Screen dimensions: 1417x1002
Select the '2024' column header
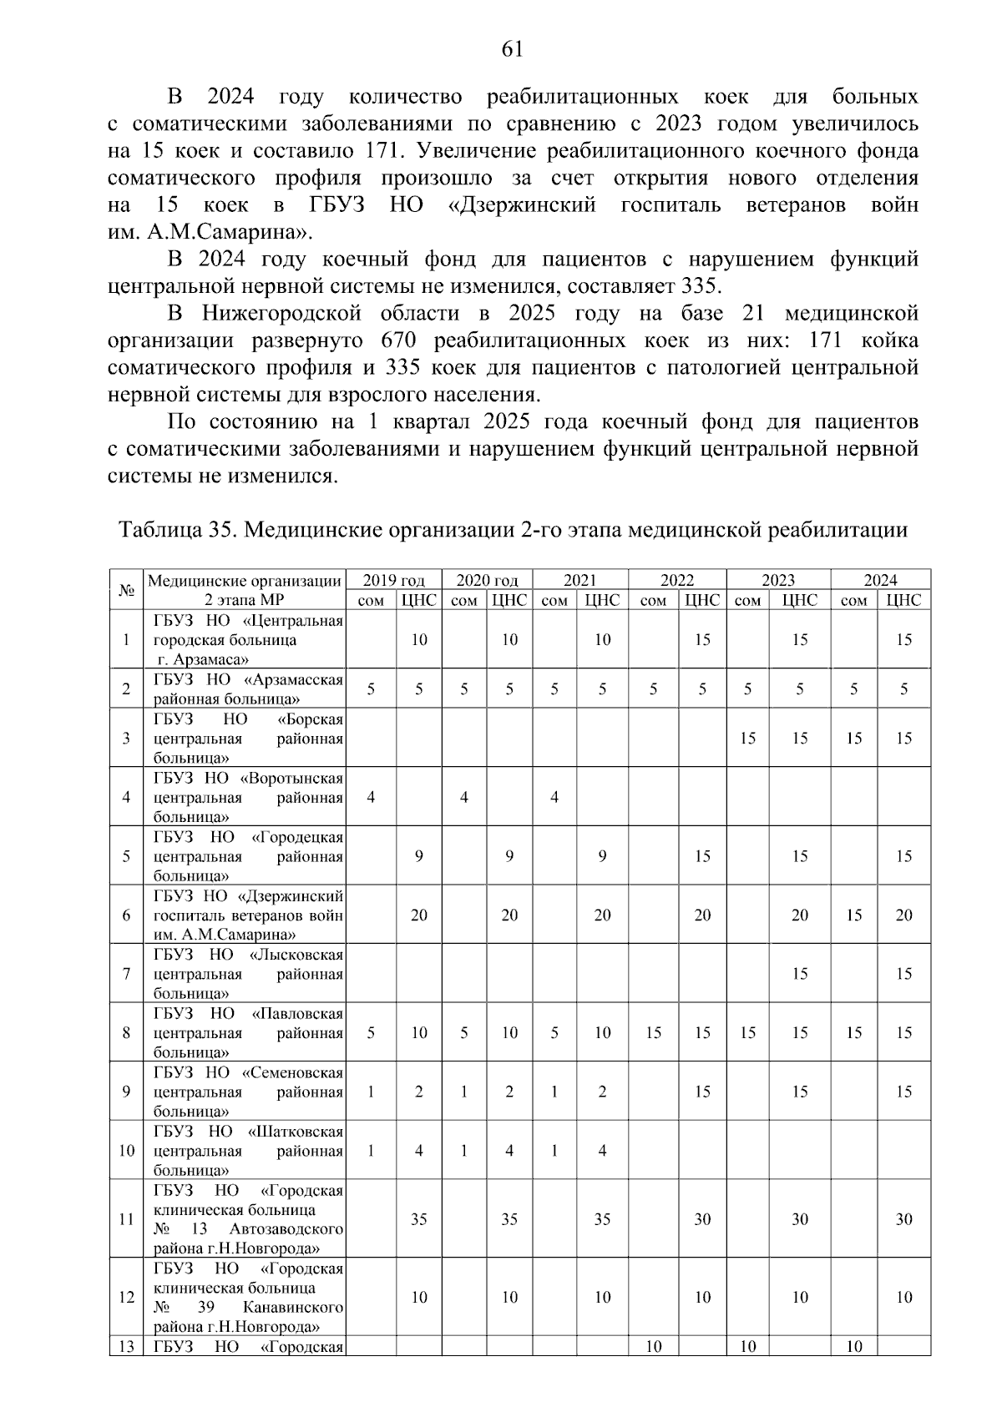pyautogui.click(x=880, y=581)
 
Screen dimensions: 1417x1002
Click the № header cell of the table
pyautogui.click(x=127, y=590)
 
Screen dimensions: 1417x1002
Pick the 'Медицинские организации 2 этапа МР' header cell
pyautogui.click(x=245, y=590)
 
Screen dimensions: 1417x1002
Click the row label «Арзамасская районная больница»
pyautogui.click(x=248, y=689)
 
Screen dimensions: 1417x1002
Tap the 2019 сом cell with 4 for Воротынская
pyautogui.click(x=371, y=797)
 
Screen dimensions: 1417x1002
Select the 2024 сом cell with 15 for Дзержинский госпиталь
pyautogui.click(x=853, y=915)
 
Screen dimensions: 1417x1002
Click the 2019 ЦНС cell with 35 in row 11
pyautogui.click(x=419, y=1219)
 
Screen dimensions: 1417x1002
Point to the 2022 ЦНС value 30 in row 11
pyautogui.click(x=702, y=1219)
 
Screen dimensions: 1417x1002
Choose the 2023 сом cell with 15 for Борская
pyautogui.click(x=747, y=739)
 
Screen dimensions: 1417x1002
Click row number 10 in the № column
pyautogui.click(x=127, y=1151)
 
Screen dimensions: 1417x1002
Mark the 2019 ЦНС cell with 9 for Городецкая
pyautogui.click(x=419, y=856)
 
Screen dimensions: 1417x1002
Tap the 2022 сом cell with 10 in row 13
pyautogui.click(x=654, y=1347)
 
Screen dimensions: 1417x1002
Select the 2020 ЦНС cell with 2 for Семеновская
pyautogui.click(x=509, y=1092)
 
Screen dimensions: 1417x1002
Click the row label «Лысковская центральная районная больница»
pyautogui.click(x=248, y=974)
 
